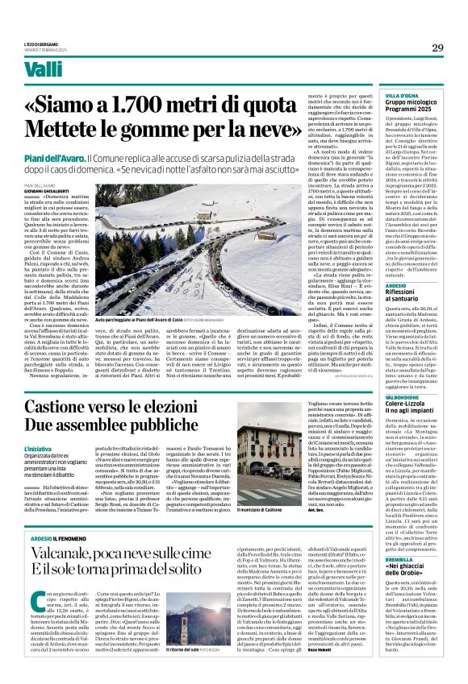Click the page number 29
437,48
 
